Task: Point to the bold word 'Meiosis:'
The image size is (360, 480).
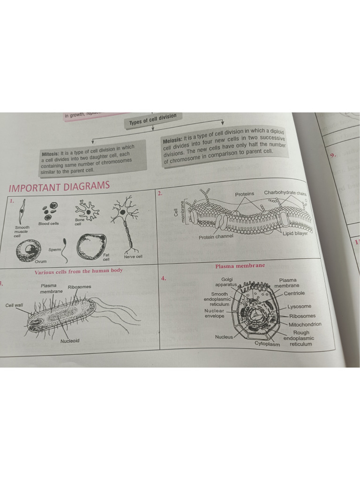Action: [x=172, y=140]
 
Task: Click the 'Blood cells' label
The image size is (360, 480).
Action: [x=49, y=224]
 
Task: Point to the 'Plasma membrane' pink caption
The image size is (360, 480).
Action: [x=240, y=266]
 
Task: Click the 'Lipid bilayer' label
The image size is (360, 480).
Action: [x=295, y=233]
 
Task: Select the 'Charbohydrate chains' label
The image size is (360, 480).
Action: [x=285, y=193]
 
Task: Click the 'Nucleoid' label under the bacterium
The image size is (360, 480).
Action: [x=70, y=341]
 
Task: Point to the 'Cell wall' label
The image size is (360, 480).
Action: [x=14, y=305]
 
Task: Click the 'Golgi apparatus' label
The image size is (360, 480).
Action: [x=226, y=282]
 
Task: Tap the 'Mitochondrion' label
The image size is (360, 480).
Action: [x=305, y=324]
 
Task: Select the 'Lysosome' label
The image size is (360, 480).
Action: [x=299, y=307]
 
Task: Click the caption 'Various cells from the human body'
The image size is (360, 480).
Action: [x=78, y=271]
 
